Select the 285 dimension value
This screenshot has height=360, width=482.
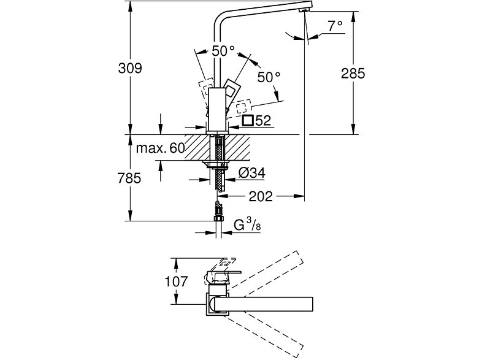click(353, 74)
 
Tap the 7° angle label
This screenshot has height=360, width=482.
click(335, 26)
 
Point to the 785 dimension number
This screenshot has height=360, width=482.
click(130, 179)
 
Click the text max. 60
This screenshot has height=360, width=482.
click(160, 148)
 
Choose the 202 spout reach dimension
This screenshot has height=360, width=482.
click(261, 197)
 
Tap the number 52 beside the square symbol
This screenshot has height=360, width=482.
click(263, 121)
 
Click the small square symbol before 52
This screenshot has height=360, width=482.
click(248, 121)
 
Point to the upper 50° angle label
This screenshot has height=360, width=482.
click(224, 52)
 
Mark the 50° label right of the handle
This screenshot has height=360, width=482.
click(268, 77)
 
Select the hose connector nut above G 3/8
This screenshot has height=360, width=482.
click(218, 212)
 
